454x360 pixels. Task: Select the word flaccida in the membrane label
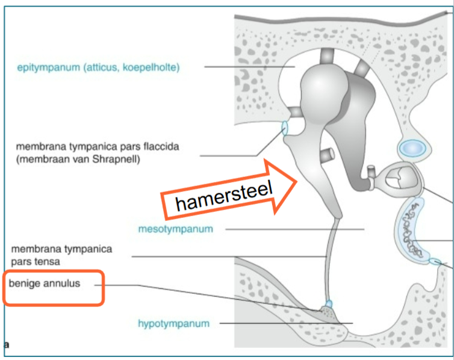click(160, 146)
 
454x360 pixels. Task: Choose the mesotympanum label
click(175, 229)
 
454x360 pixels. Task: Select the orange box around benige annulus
click(53, 288)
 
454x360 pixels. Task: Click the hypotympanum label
click(173, 323)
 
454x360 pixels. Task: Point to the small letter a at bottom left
click(7, 344)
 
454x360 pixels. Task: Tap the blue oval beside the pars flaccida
click(285, 128)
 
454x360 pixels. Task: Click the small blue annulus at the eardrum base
click(329, 303)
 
